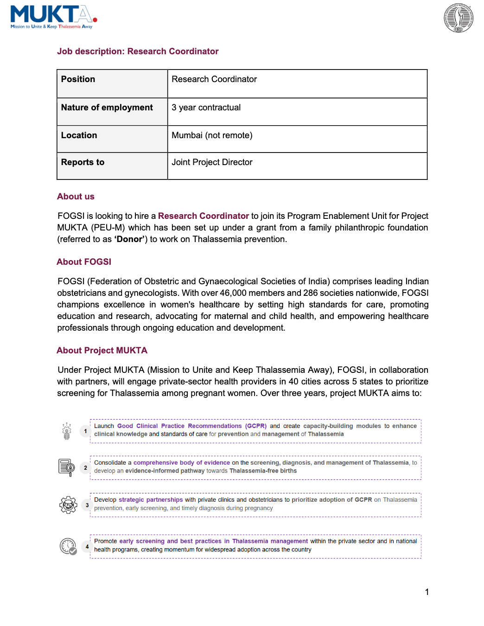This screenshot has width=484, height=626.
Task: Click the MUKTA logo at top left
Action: point(53,17)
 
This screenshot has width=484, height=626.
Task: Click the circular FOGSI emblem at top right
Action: point(458,18)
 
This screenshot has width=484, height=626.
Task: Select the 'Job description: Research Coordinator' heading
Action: point(138,51)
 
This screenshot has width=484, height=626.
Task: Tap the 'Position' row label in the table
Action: point(78,79)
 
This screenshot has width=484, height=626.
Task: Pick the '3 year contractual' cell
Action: point(206,108)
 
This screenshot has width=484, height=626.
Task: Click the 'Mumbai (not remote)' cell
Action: point(212,135)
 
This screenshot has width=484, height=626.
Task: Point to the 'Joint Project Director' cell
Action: point(212,162)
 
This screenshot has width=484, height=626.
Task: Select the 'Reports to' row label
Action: point(83,162)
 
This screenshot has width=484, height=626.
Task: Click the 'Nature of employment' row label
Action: point(107,108)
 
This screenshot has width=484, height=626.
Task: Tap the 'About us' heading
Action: point(76,197)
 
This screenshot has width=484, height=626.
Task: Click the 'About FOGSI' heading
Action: point(84,262)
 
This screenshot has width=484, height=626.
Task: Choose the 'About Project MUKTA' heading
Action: point(102,351)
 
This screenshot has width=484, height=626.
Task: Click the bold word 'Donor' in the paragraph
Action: point(129,239)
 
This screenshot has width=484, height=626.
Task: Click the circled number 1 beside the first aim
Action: point(85,431)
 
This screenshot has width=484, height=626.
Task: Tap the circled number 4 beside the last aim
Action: point(87,547)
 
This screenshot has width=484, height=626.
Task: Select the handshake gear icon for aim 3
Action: point(68,505)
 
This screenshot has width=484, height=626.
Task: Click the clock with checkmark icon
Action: point(68,546)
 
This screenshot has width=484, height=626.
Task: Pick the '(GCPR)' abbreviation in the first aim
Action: point(256,426)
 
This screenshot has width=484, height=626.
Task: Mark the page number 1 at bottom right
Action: point(427,592)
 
